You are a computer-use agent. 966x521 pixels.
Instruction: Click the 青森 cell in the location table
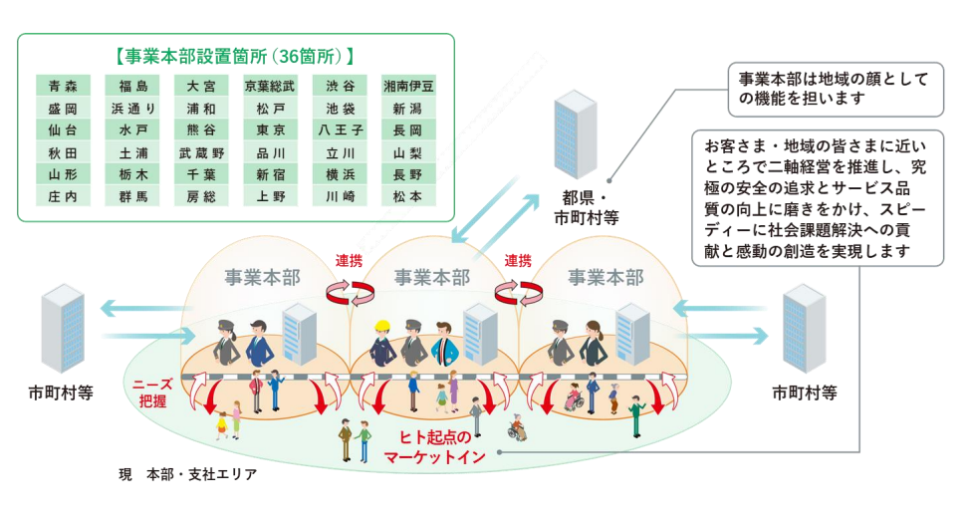point(63,86)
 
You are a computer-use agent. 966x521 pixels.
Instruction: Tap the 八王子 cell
point(341,130)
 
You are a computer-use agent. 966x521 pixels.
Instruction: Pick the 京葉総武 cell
point(271,86)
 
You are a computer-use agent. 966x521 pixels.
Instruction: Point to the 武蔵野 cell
point(201,153)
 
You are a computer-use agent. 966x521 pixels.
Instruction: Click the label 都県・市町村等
point(586,206)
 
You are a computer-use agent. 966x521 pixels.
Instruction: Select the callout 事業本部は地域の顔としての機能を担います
point(834,89)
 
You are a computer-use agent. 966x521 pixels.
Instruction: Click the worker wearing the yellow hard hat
point(381,343)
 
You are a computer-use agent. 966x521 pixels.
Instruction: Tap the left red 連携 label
point(349,261)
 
